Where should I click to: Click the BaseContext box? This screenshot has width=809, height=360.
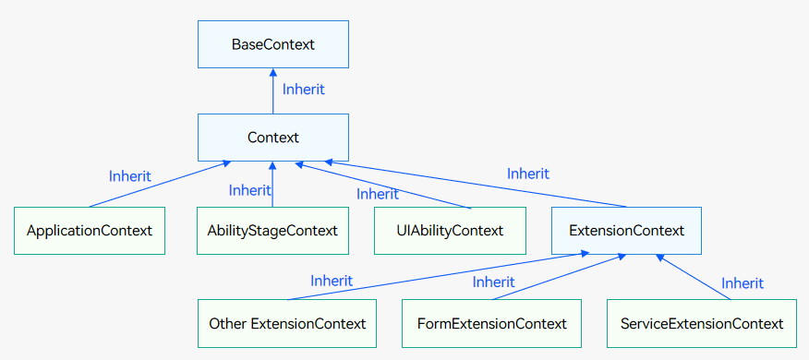[273, 44]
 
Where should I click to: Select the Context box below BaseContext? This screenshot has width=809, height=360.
[273, 138]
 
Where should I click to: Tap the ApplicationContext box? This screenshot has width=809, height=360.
[90, 231]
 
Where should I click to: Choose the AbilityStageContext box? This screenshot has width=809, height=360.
[272, 231]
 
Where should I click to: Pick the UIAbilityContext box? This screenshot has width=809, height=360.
[450, 231]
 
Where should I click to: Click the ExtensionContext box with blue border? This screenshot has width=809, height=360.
[626, 231]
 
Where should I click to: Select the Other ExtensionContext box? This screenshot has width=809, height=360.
[287, 323]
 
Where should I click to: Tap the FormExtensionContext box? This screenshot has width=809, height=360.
[491, 323]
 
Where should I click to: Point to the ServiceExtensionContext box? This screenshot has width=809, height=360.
[702, 323]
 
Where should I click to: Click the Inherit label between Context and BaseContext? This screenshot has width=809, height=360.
[303, 90]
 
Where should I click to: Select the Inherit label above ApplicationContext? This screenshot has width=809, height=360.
[129, 176]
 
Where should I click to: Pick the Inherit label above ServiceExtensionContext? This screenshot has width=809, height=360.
[742, 283]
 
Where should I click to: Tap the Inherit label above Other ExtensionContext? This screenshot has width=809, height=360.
[332, 281]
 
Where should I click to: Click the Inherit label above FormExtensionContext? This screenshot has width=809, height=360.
[493, 282]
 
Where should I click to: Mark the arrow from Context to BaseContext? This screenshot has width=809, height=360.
[273, 91]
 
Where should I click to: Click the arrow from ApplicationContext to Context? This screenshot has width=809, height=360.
[160, 184]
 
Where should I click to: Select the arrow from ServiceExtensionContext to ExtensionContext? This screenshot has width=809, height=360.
[693, 276]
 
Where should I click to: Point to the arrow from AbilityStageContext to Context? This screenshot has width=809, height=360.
[272, 184]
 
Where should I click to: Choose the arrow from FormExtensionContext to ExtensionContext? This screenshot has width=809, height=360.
[560, 276]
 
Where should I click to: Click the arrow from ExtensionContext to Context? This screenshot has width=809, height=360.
[476, 184]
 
